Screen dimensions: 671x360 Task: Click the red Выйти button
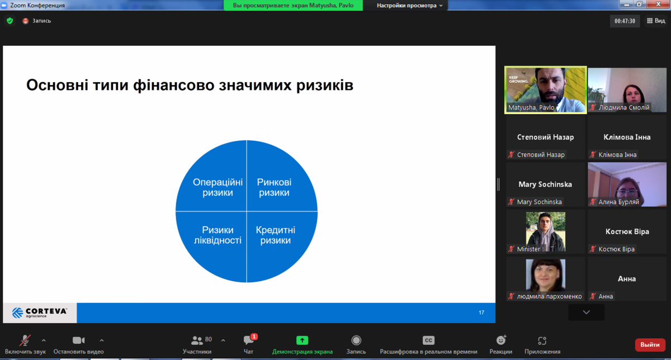point(650,345)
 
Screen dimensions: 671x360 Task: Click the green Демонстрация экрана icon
point(302,340)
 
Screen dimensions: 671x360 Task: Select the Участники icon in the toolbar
point(197,340)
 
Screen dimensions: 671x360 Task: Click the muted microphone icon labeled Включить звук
point(25,340)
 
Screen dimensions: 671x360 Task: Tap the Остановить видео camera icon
point(78,340)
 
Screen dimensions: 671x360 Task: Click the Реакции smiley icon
point(501,340)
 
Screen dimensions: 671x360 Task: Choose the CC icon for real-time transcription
point(428,340)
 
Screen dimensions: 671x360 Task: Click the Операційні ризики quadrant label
point(218,187)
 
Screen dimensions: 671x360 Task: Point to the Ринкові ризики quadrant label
point(274,187)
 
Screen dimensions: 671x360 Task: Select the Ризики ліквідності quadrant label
point(218,235)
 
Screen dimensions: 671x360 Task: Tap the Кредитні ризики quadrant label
point(275,235)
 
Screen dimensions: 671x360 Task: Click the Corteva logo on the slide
point(39,312)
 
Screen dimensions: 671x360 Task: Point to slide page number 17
point(481,312)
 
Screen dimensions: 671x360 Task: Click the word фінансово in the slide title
point(174,85)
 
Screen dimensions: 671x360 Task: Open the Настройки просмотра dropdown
point(409,6)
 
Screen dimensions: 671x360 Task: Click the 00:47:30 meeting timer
point(625,21)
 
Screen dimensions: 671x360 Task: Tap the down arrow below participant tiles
point(586,312)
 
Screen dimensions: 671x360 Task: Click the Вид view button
point(656,21)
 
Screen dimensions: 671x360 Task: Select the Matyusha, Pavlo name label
point(531,107)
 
